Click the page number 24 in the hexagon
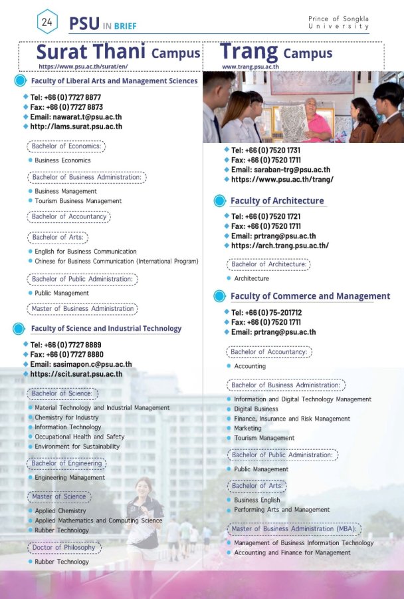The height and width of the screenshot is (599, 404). pyautogui.click(x=47, y=22)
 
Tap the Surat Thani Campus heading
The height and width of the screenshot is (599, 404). pyautogui.click(x=118, y=52)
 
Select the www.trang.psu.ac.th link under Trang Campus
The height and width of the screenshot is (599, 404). pyautogui.click(x=250, y=67)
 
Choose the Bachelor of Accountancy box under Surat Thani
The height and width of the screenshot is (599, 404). pyautogui.click(x=69, y=216)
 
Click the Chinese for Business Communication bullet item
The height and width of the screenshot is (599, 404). pyautogui.click(x=116, y=262)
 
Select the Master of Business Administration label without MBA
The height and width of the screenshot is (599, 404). pyautogui.click(x=82, y=309)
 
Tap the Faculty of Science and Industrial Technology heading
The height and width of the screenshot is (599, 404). pyautogui.click(x=106, y=328)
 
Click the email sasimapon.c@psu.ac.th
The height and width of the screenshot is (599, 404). pyautogui.click(x=81, y=364)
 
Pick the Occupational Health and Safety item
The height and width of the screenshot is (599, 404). pyautogui.click(x=79, y=437)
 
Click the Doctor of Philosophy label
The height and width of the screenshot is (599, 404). pyautogui.click(x=64, y=548)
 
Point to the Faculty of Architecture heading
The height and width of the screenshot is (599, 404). pyautogui.click(x=277, y=200)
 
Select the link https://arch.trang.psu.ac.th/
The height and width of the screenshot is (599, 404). pyautogui.click(x=279, y=246)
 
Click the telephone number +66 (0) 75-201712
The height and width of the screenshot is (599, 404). pyautogui.click(x=266, y=312)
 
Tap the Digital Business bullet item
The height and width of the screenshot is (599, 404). pyautogui.click(x=256, y=409)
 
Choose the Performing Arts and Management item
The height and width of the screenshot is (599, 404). pyautogui.click(x=282, y=509)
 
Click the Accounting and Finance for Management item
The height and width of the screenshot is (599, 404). pyautogui.click(x=292, y=552)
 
